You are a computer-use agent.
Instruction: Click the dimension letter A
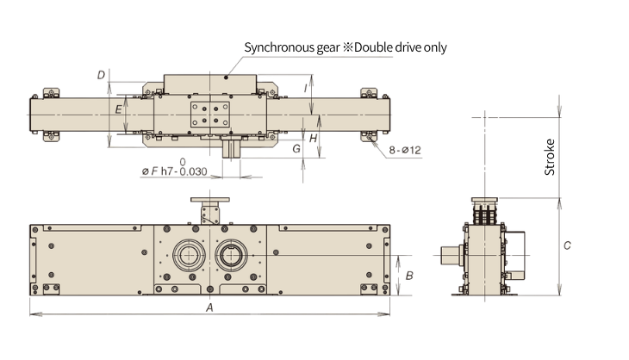(x=209, y=307)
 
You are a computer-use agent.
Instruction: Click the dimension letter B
(x=410, y=276)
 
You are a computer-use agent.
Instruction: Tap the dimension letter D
(x=101, y=76)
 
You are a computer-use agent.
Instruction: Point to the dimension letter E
(x=118, y=109)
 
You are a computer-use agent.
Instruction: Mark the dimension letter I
(x=307, y=88)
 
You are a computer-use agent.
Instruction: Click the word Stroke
(x=550, y=157)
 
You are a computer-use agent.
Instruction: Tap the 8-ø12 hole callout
(x=404, y=150)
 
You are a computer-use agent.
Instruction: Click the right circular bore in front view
(x=231, y=254)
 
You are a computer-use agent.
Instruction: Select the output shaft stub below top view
(x=231, y=147)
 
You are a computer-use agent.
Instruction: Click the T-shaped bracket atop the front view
(x=209, y=208)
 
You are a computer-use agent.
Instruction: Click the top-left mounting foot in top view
(x=49, y=92)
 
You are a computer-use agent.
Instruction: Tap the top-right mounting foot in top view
(x=370, y=92)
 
